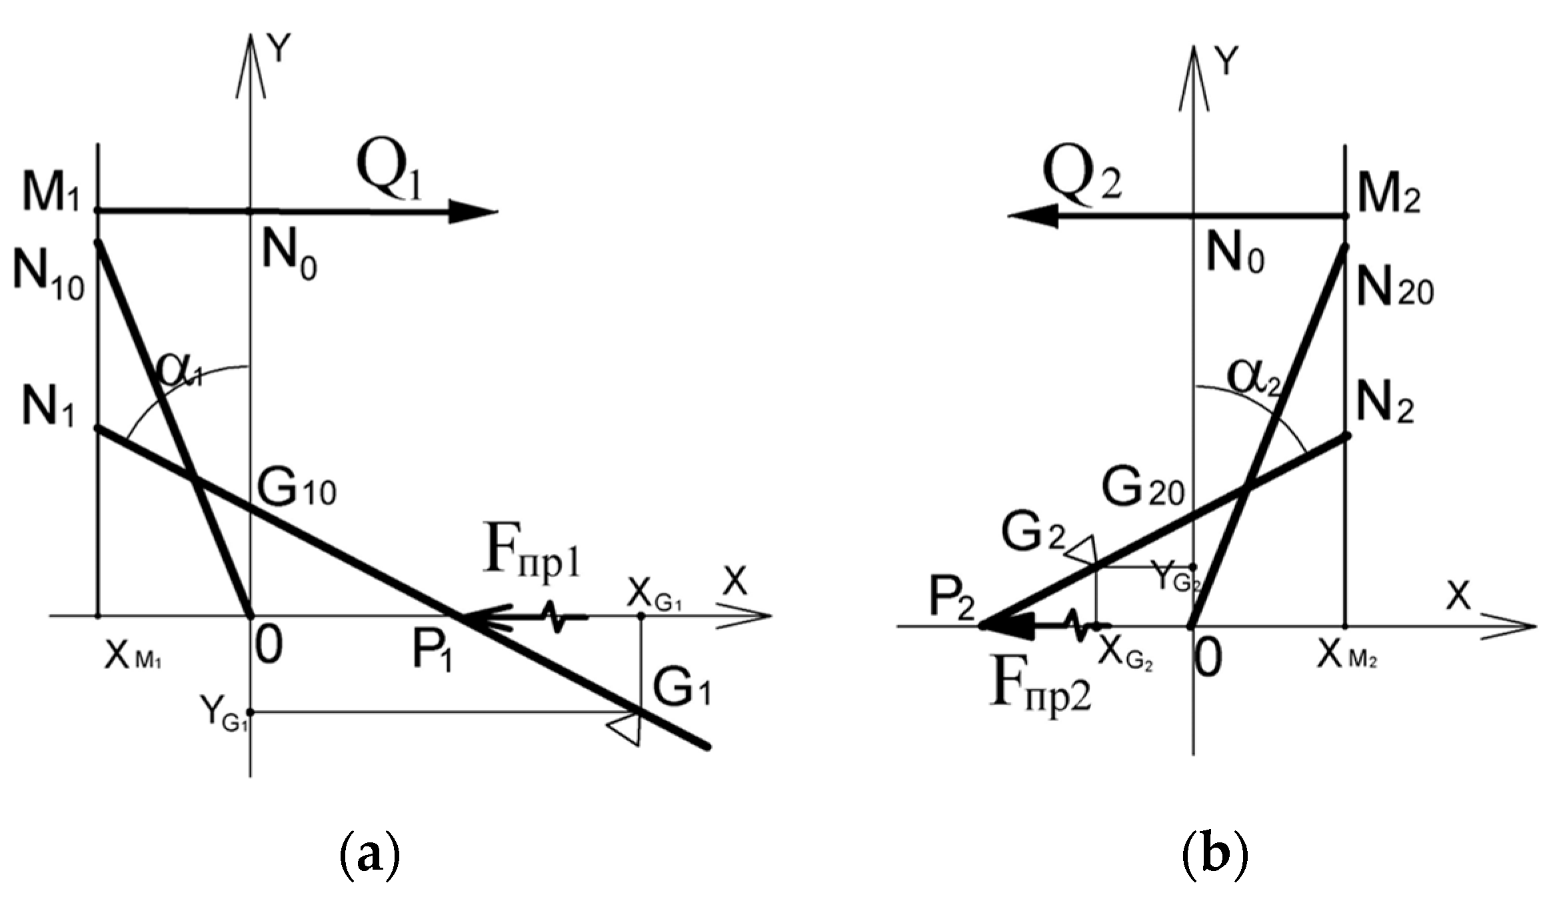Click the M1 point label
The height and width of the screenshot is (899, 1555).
coord(51,193)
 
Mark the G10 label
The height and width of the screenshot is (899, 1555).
coord(297,489)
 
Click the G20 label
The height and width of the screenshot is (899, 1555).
coord(1142,489)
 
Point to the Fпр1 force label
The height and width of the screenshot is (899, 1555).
coord(532,555)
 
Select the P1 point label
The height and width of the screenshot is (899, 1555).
coord(432,651)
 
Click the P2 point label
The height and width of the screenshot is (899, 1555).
coord(952,599)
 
